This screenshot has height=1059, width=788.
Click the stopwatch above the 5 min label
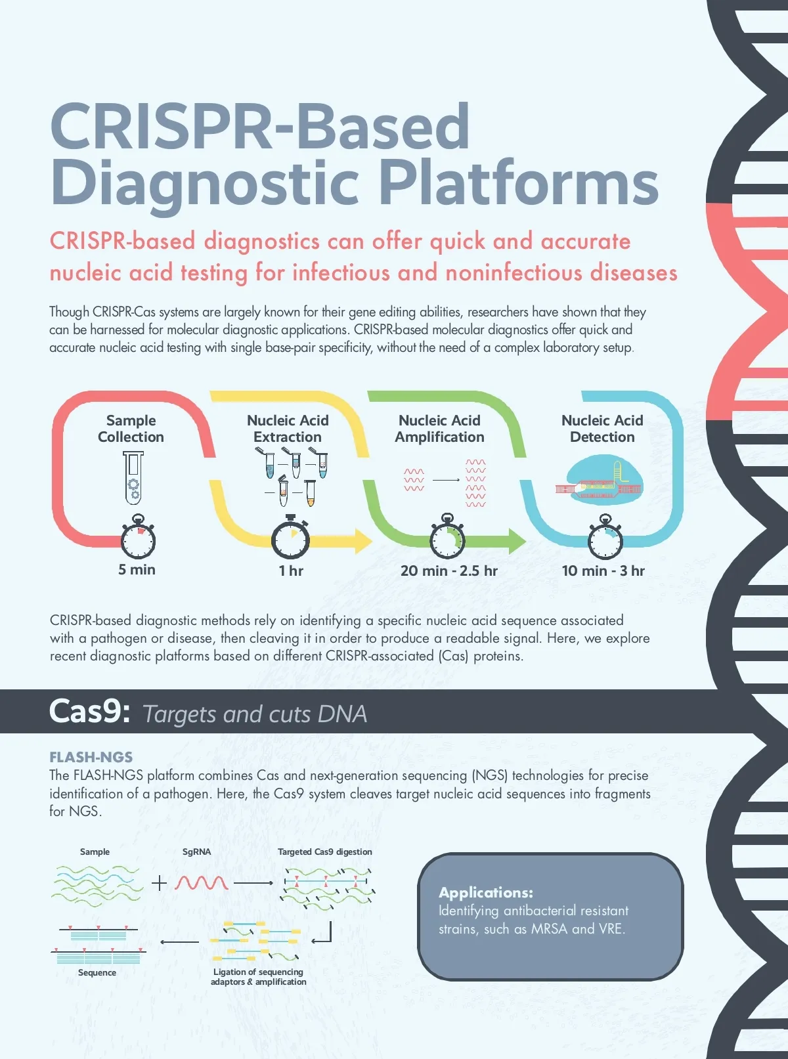138,540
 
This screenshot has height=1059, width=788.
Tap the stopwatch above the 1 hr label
291,540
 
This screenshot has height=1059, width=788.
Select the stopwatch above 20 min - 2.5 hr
447,540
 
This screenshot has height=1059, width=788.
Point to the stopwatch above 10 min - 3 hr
605,540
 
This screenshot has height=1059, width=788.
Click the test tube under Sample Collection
133,477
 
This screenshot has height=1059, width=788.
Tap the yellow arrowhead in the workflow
362,540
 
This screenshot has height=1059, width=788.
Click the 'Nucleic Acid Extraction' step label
288,429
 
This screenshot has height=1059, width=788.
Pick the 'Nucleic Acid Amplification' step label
439,429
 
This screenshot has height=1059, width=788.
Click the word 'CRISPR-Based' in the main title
260,126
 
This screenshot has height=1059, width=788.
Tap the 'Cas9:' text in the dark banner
89,712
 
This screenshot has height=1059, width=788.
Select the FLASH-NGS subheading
91,757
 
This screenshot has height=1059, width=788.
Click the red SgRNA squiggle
202,882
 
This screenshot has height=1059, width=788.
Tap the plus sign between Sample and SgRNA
159,883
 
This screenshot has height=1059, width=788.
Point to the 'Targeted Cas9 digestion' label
324,852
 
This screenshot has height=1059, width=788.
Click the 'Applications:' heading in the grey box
486,892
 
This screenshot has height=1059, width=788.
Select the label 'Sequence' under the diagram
97,972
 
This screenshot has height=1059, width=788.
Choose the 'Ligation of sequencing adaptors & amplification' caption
258,976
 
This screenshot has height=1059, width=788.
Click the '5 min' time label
137,569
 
